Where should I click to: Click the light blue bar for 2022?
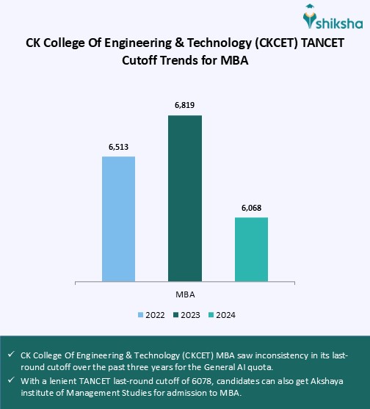[x=118, y=218]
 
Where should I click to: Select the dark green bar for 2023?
[x=185, y=198]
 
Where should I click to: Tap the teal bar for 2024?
[x=251, y=248]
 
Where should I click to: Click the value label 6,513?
[x=118, y=146]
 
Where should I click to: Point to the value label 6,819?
[x=185, y=106]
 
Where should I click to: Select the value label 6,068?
[x=251, y=208]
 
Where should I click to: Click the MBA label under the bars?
[x=185, y=294]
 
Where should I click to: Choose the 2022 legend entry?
[x=151, y=315]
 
